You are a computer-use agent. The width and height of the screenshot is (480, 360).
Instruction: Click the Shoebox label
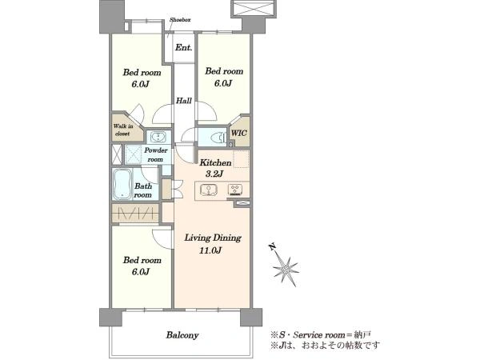click(180, 19)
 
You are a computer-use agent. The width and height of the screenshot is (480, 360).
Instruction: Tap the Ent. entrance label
click(184, 48)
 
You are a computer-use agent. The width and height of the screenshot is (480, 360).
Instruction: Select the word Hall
click(184, 101)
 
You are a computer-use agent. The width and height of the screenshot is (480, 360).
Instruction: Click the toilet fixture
click(218, 138)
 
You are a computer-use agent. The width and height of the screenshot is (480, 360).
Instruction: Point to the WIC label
click(239, 133)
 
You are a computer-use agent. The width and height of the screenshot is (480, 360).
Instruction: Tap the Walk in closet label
click(123, 130)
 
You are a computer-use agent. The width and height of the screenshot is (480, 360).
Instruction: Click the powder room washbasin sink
click(158, 137)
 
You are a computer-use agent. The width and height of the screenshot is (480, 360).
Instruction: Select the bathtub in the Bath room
click(122, 184)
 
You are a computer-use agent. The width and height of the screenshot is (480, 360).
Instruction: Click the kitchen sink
click(209, 190)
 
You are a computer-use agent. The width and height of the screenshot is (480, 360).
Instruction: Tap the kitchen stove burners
click(235, 190)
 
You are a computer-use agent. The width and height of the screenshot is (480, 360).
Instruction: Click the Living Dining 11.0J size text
click(213, 244)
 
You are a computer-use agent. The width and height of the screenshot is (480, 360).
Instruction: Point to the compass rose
click(286, 269)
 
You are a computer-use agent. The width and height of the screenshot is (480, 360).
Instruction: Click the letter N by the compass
click(271, 246)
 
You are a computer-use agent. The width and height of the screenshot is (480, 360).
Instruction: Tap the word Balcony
click(182, 335)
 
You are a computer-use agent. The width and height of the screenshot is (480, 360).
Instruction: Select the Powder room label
click(156, 154)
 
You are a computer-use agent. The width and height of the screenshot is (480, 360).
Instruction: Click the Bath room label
click(143, 190)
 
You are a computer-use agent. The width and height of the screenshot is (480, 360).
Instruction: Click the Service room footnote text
click(321, 334)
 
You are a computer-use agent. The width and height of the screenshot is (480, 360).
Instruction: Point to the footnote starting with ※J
click(325, 346)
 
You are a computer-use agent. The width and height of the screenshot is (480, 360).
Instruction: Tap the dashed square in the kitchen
click(242, 159)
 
